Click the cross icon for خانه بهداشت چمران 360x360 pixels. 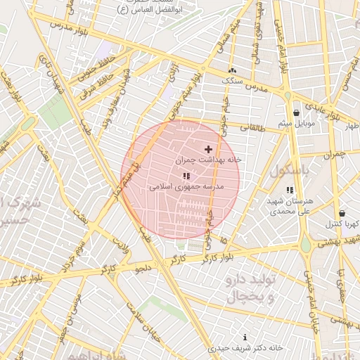(x=208, y=149)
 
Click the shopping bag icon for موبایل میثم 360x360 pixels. (x=296, y=112)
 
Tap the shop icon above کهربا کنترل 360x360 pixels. (x=342, y=213)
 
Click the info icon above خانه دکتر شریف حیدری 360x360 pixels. (x=245, y=337)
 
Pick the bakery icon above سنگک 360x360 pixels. (x=232, y=70)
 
